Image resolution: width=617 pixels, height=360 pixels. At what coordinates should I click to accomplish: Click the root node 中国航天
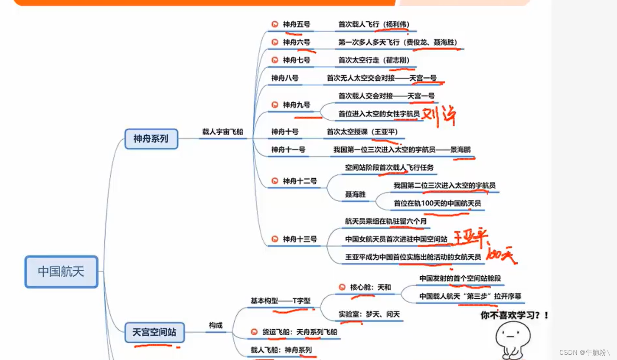pos(61,272)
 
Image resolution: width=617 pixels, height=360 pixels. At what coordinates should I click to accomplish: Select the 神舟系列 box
pos(151,139)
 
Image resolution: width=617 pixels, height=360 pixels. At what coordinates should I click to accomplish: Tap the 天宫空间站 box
pos(154,332)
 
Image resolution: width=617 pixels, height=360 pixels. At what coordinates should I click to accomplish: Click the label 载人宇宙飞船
pos(223,131)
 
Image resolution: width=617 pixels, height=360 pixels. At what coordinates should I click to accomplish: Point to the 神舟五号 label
pos(297,24)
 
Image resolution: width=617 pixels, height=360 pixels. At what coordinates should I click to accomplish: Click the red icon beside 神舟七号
pos(274,60)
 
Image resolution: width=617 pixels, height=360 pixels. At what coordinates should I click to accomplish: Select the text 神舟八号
pos(285,78)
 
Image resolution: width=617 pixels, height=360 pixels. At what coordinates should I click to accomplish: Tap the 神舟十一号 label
pos(288,150)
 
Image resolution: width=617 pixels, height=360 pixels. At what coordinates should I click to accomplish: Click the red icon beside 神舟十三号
pos(274,239)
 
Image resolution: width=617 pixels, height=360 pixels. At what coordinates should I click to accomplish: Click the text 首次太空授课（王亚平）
pos(362,131)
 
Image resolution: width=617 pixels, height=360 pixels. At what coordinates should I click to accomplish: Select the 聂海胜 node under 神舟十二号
pos(355,194)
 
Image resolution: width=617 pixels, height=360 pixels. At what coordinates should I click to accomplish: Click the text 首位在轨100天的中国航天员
pos(437,203)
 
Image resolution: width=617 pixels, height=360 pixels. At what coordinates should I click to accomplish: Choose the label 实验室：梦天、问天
pos(369,314)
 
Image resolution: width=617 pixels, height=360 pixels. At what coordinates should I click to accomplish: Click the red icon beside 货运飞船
pos(254,332)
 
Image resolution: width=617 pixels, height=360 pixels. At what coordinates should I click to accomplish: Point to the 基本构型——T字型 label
pos(280,300)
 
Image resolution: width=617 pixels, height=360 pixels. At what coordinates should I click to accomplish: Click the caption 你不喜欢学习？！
pos(514,316)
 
